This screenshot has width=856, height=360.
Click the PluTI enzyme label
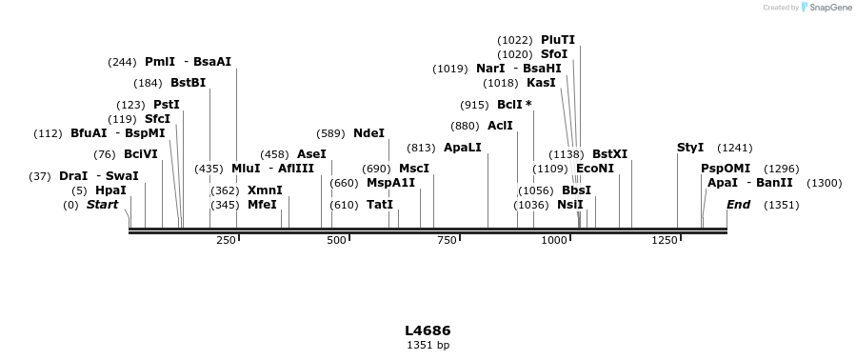click(558, 40)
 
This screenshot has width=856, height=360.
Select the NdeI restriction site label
click(368, 133)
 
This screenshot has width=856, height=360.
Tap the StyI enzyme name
click(690, 148)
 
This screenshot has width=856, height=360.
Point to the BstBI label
click(189, 83)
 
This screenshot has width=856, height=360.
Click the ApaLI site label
click(463, 148)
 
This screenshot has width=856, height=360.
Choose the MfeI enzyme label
click(262, 205)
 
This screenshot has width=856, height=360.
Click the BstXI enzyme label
click(610, 154)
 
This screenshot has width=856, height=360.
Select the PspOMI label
click(726, 169)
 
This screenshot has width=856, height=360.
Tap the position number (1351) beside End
click(781, 205)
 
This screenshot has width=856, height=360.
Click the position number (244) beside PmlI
click(123, 62)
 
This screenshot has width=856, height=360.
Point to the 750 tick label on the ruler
click(446, 241)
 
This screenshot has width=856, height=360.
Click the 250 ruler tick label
click(226, 241)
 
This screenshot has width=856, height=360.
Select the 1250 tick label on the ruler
click(665, 241)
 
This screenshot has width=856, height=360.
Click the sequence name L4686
click(428, 330)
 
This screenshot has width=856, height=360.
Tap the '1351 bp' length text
click(428, 345)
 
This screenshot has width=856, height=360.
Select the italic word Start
click(99, 205)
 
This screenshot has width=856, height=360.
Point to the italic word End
click(738, 205)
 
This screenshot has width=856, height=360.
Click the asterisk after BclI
click(528, 105)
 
